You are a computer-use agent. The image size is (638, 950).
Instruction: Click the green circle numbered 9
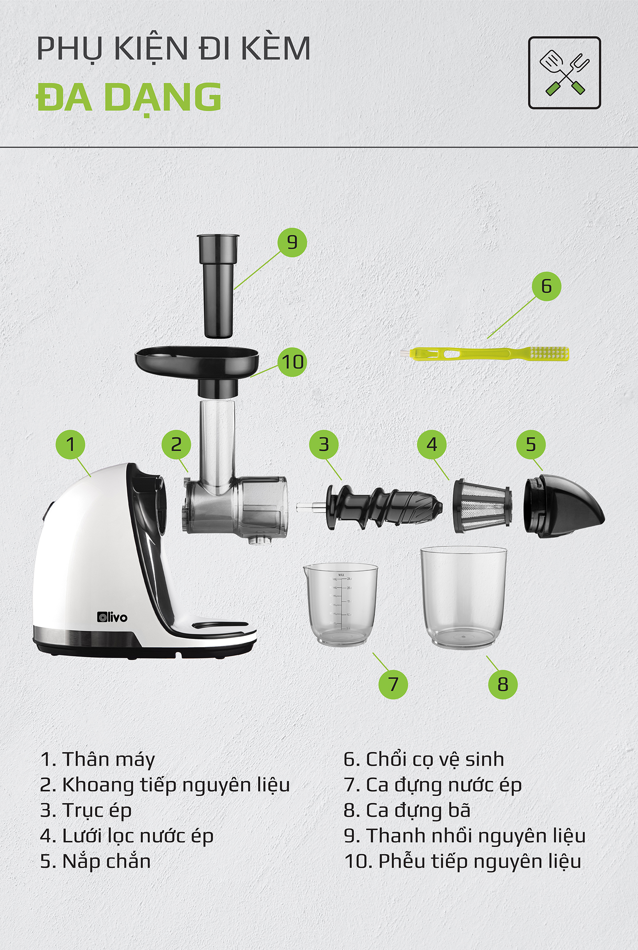pyautogui.click(x=292, y=242)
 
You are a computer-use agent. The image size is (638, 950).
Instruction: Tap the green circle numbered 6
pyautogui.click(x=547, y=286)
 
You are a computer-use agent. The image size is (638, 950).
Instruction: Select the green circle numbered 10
pyautogui.click(x=293, y=362)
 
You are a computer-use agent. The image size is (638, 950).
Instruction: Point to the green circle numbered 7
pyautogui.click(x=393, y=684)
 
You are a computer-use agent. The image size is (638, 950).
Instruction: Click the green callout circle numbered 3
pyautogui.click(x=324, y=444)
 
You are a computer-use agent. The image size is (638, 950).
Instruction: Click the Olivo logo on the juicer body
pyautogui.click(x=112, y=617)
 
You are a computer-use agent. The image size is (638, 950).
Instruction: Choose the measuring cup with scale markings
pyautogui.click(x=340, y=603)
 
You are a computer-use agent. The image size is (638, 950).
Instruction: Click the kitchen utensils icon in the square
pyautogui.click(x=564, y=73)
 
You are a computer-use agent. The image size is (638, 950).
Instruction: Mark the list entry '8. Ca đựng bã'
pyautogui.click(x=407, y=811)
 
